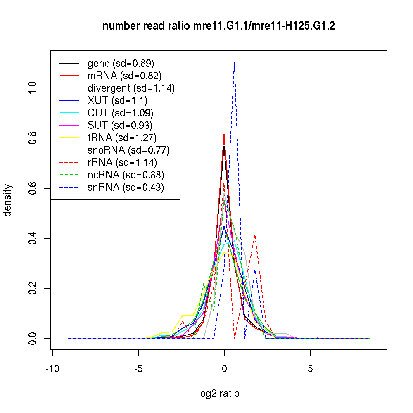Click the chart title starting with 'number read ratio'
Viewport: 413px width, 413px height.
[218, 26]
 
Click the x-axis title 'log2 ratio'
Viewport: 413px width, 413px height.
[218, 394]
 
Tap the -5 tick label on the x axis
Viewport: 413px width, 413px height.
[138, 369]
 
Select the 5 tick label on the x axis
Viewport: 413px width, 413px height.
[310, 369]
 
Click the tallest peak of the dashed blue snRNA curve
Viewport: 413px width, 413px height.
[234, 62]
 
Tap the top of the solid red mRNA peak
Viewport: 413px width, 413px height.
[224, 134]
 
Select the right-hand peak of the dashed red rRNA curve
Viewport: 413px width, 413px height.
[255, 235]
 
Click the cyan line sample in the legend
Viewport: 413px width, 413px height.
[69, 113]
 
